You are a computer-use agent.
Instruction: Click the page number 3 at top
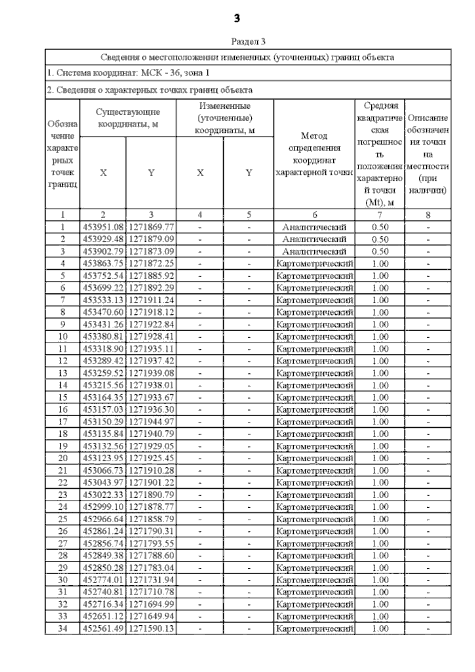pyautogui.click(x=237, y=18)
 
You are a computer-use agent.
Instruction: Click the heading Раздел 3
pyautogui.click(x=248, y=41)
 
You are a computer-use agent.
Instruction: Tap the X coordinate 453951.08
pyautogui.click(x=103, y=227)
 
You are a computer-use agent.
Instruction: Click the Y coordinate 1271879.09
pyautogui.click(x=151, y=239)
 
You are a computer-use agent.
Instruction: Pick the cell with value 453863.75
pyautogui.click(x=103, y=264)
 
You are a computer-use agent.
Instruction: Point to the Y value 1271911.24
pyautogui.click(x=151, y=300)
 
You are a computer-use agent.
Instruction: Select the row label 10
pyautogui.click(x=63, y=337)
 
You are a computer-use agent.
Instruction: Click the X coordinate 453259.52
pyautogui.click(x=103, y=373)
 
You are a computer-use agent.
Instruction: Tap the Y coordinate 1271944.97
pyautogui.click(x=151, y=422)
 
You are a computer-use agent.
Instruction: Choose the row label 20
pyautogui.click(x=63, y=458)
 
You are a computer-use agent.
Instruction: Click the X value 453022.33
pyautogui.click(x=103, y=495)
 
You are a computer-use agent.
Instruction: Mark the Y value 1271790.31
pyautogui.click(x=151, y=531)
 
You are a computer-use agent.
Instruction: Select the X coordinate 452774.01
pyautogui.click(x=103, y=580)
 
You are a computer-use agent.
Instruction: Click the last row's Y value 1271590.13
pyautogui.click(x=151, y=628)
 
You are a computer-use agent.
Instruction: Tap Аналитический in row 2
pyautogui.click(x=314, y=239)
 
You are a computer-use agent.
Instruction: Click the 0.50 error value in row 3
pyautogui.click(x=380, y=251)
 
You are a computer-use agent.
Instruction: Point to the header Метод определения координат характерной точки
pyautogui.click(x=314, y=154)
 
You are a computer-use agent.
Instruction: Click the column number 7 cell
pyautogui.click(x=380, y=215)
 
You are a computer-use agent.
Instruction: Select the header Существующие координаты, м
pyautogui.click(x=128, y=118)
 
